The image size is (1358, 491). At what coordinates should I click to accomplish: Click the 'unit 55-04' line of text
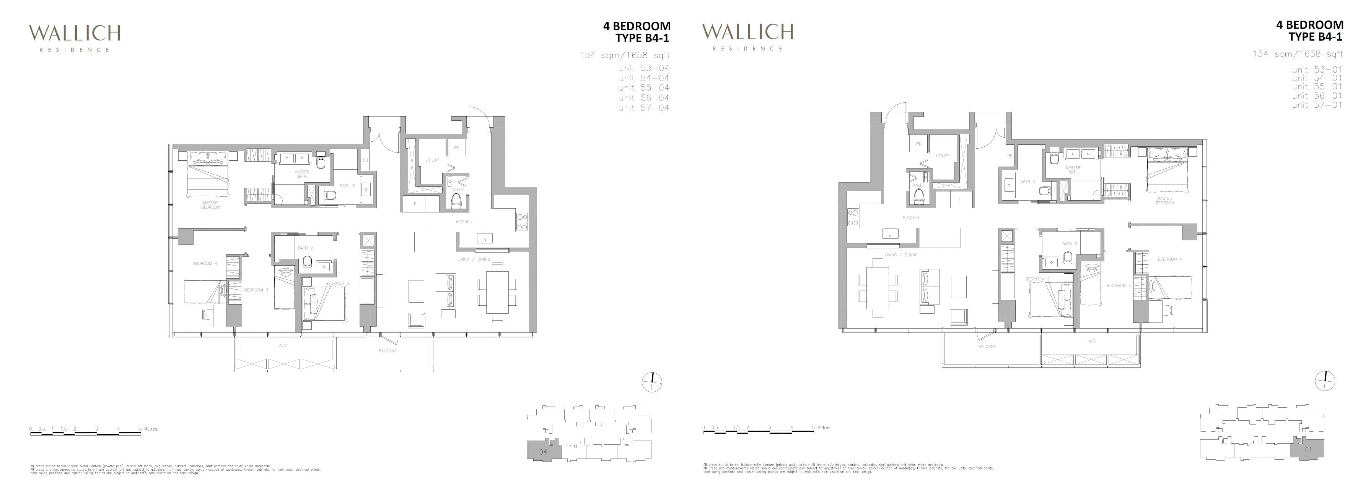coord(644,88)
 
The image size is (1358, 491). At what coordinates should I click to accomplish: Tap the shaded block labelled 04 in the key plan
coord(543,452)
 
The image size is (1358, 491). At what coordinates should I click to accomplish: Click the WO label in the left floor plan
coord(456,148)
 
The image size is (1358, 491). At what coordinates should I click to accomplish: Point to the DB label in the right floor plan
coord(1010,156)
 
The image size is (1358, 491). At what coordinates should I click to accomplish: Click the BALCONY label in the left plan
coord(387,351)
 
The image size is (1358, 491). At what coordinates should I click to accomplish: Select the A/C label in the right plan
coord(1092,341)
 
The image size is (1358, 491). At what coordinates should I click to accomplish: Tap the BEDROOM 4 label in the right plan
coord(1170,259)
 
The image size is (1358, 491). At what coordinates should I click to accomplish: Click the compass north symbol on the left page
coord(652,382)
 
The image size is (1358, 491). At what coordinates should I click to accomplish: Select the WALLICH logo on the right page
coord(747,36)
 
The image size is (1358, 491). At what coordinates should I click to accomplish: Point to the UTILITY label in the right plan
coord(943,156)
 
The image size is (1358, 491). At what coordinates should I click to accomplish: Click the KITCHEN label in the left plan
coord(464,222)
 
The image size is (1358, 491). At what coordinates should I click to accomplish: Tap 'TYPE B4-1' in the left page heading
coord(643,38)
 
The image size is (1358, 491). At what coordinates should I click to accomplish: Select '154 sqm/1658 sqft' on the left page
coord(625,55)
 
